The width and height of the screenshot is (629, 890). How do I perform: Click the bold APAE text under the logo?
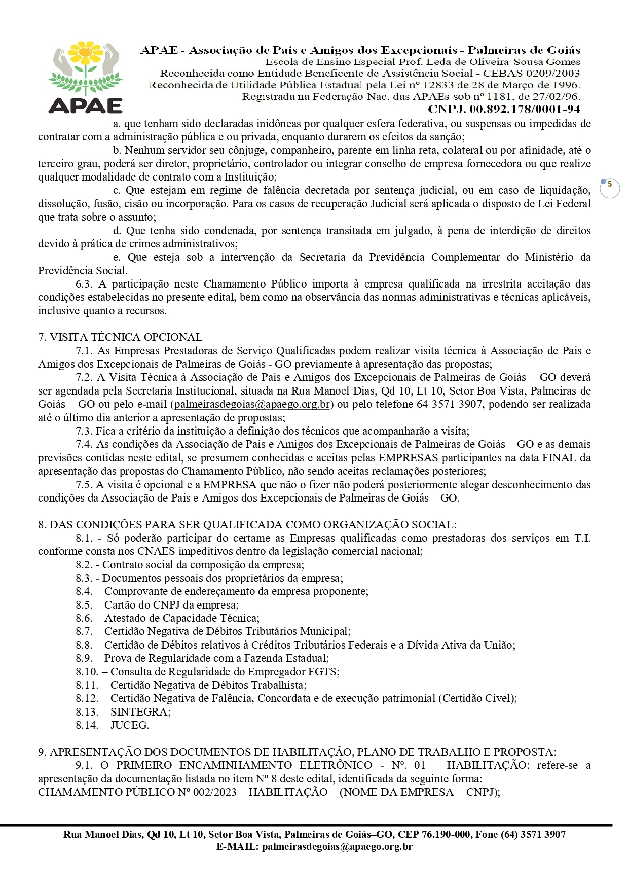click(x=85, y=106)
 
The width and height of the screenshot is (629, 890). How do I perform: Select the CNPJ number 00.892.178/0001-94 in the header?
click(x=525, y=109)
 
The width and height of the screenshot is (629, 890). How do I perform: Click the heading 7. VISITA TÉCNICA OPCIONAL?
click(x=120, y=337)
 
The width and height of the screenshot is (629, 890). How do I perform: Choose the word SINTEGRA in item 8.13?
click(x=139, y=712)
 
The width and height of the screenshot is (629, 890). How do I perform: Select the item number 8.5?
click(x=84, y=605)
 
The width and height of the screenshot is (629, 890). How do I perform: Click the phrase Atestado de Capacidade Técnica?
click(x=181, y=618)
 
